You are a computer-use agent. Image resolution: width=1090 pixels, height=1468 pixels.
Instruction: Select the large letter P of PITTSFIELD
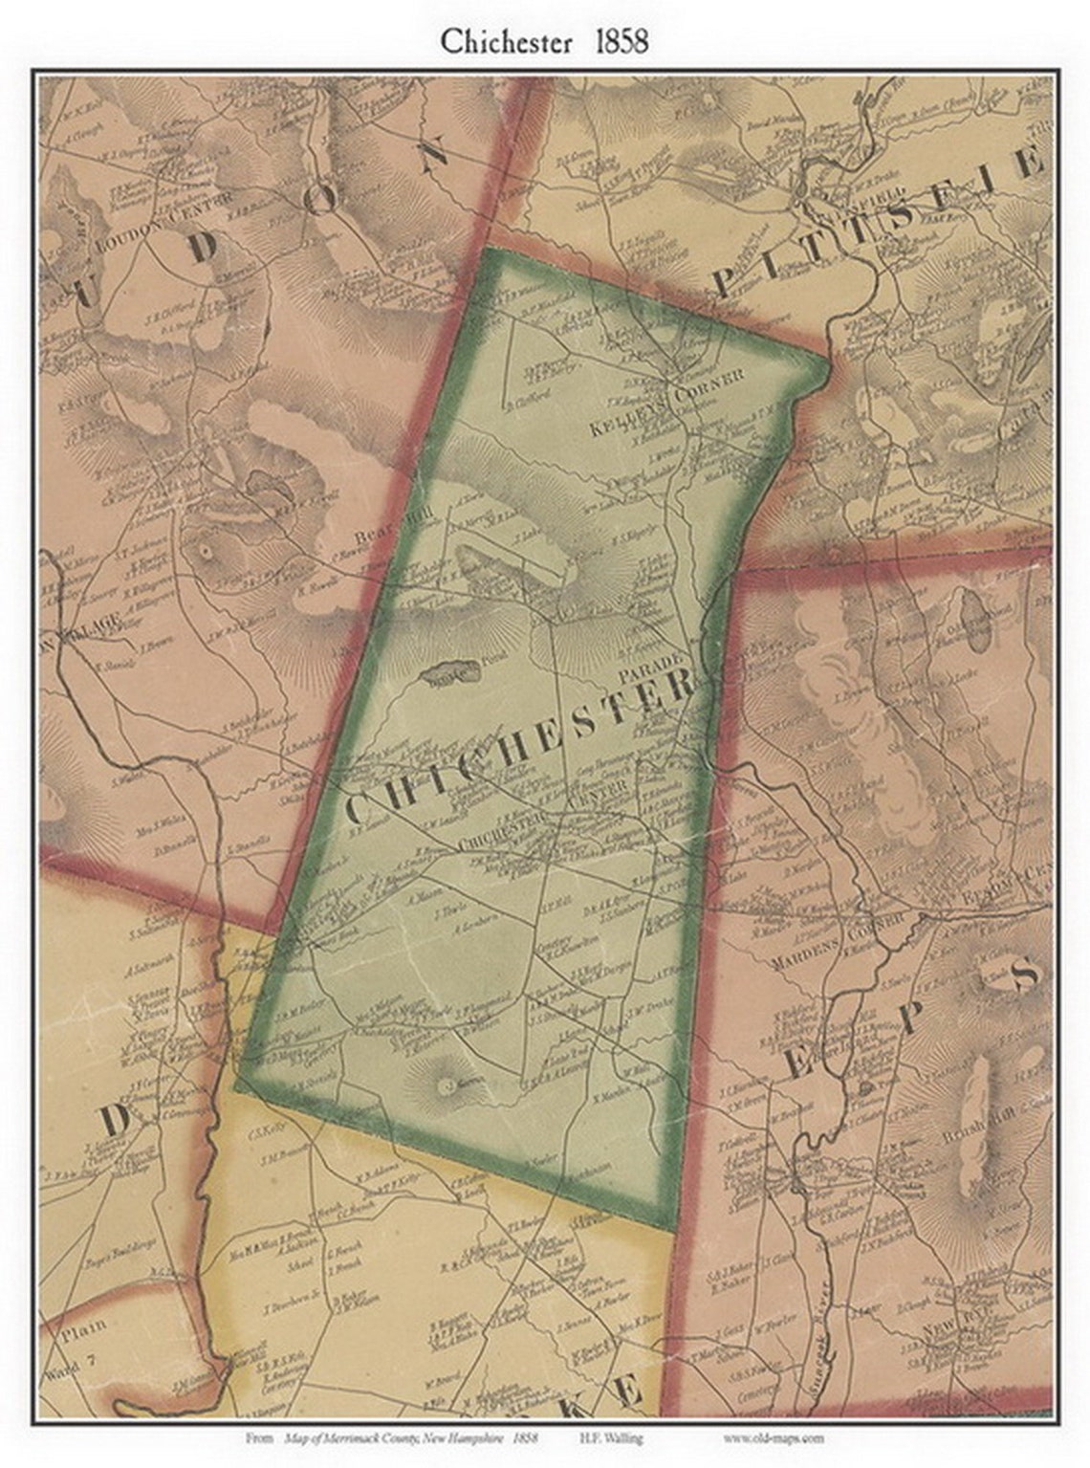click(725, 282)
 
